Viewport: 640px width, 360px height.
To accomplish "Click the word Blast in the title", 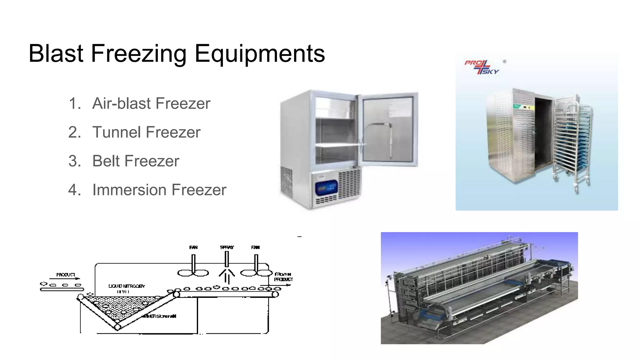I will (x=56, y=53).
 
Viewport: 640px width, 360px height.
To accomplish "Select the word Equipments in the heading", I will (x=259, y=54).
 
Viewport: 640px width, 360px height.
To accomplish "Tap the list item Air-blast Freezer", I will (x=151, y=103).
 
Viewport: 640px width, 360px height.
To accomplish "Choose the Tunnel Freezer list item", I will (x=146, y=132).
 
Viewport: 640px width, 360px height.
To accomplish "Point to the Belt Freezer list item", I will (x=136, y=161).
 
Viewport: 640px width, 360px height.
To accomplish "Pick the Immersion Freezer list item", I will (x=159, y=190).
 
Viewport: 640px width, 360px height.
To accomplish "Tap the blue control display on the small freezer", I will (x=327, y=188).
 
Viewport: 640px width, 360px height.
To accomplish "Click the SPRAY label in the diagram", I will (x=227, y=247).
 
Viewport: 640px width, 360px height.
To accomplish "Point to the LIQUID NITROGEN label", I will (x=127, y=286).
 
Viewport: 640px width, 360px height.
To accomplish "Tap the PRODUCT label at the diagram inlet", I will (x=66, y=275).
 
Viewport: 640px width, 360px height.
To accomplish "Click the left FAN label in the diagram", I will (x=193, y=247).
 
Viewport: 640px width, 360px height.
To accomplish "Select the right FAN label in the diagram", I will (x=255, y=247).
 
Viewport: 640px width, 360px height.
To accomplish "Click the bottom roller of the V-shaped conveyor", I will (x=117, y=327).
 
